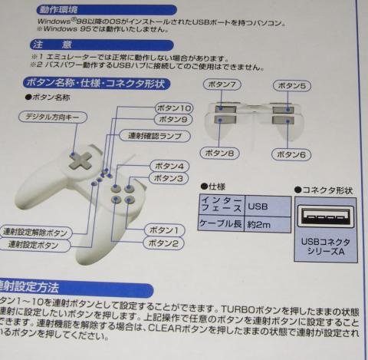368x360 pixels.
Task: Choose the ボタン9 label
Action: tap(172, 120)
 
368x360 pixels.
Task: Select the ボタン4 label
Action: tap(167, 165)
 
